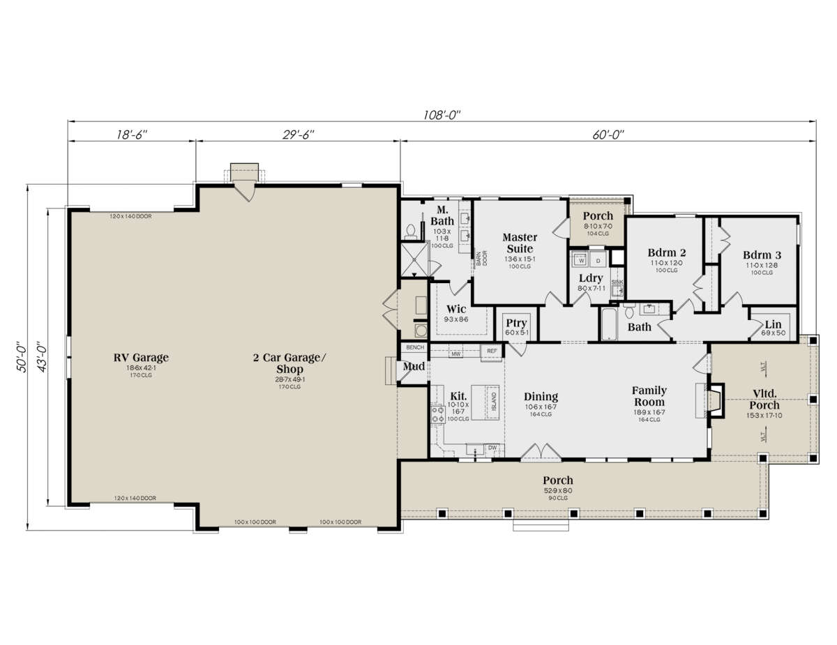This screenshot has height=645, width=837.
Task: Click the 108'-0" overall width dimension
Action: (x=441, y=114)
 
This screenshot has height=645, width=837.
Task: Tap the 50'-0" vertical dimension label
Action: (x=20, y=357)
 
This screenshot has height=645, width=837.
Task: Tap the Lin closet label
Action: (x=773, y=324)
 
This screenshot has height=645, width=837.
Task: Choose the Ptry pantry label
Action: (x=516, y=323)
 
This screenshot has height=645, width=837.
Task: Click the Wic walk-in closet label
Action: (x=455, y=308)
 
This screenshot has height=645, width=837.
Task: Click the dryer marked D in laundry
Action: (x=598, y=260)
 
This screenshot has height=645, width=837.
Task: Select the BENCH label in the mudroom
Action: (x=414, y=347)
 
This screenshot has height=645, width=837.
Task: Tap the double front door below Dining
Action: (x=541, y=453)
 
